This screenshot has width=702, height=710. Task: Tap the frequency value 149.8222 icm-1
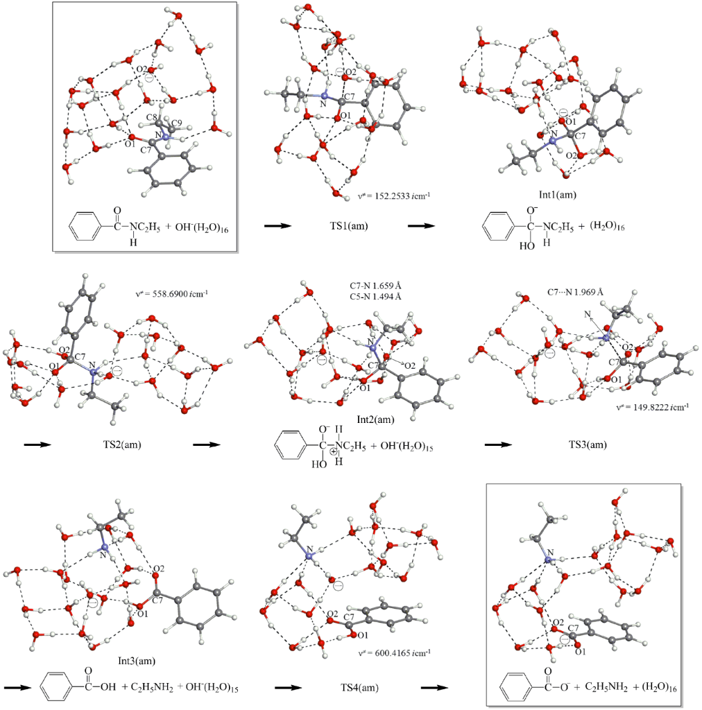click(x=653, y=408)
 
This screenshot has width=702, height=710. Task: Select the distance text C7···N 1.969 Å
click(x=573, y=292)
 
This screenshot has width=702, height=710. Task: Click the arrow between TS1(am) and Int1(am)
click(x=422, y=226)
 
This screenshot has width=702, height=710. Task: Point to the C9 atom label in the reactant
click(x=175, y=123)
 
